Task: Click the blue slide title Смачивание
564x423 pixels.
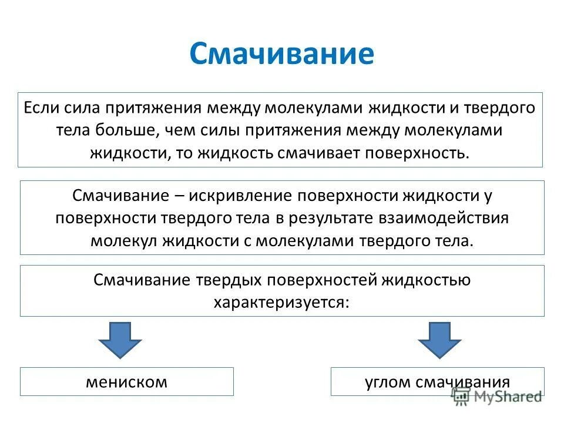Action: pyautogui.click(x=281, y=54)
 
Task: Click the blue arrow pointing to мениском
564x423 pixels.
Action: pyautogui.click(x=120, y=340)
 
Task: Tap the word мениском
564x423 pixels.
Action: pyautogui.click(x=126, y=382)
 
